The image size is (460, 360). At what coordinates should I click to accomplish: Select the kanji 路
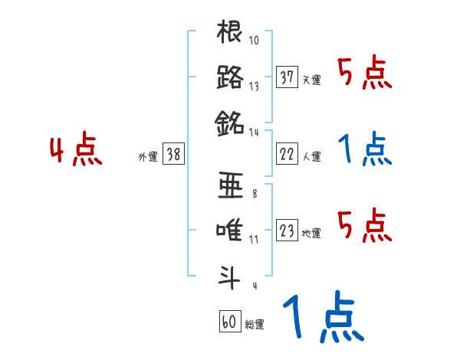click(x=230, y=77)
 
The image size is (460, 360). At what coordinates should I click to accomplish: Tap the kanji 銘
click(x=230, y=121)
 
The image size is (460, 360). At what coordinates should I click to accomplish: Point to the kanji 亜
click(x=230, y=185)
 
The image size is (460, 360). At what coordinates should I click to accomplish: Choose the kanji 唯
click(x=230, y=229)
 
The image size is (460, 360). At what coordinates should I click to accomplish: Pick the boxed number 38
click(x=173, y=154)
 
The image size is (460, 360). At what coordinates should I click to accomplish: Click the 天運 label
click(x=311, y=80)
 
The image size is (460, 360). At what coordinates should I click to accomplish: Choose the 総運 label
click(x=254, y=324)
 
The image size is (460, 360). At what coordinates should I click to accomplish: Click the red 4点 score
click(x=76, y=152)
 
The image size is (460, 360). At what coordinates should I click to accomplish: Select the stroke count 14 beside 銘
click(x=255, y=132)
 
